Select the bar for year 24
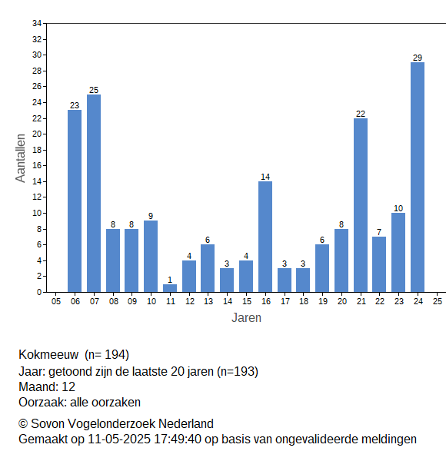tap(418, 177)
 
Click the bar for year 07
tap(94, 193)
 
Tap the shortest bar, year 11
tap(170, 288)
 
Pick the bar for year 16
tap(265, 237)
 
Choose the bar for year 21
tap(361, 205)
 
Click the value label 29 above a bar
tap(418, 58)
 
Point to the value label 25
tap(94, 90)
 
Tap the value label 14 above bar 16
tap(265, 177)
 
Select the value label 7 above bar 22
tap(379, 232)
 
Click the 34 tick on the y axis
tap(37, 23)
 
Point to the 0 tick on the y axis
tap(39, 292)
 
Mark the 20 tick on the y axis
tap(37, 134)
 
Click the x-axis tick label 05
tap(56, 301)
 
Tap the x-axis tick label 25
tap(438, 301)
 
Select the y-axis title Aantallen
tap(20, 158)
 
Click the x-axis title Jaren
tap(246, 318)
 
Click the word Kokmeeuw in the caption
tap(48, 354)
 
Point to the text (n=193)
tap(238, 372)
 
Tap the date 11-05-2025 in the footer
tap(119, 439)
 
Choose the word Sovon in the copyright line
tap(48, 423)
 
